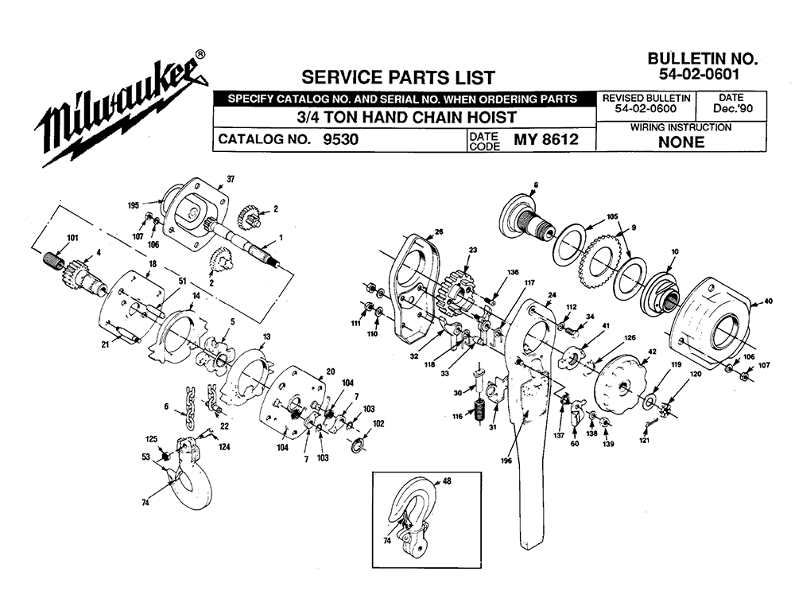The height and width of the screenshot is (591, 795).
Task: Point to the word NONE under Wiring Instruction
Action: click(681, 142)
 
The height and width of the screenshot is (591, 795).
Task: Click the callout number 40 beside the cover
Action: click(767, 301)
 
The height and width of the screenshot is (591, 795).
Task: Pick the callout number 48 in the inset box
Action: click(446, 480)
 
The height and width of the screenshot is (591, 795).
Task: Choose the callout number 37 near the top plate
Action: click(231, 178)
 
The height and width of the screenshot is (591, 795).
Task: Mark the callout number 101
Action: click(72, 238)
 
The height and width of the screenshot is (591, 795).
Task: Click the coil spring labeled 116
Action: click(479, 413)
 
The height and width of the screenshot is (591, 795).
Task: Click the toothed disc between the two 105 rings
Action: click(598, 262)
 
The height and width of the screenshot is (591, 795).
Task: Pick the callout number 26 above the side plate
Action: click(438, 231)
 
